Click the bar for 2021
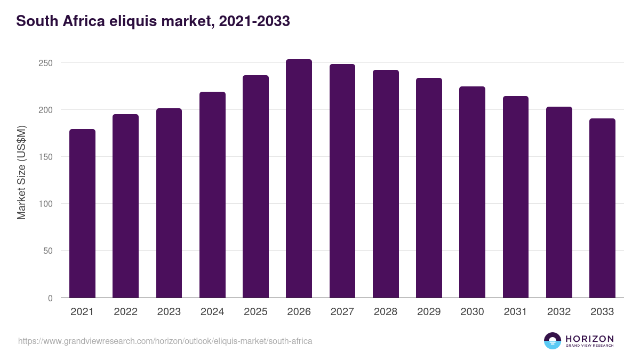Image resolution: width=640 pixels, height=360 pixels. point(82,213)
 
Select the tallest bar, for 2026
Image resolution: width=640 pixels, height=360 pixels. point(299,179)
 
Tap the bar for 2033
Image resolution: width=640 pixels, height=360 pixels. point(602,208)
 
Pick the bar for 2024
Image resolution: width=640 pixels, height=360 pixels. point(212,195)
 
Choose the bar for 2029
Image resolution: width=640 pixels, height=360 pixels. point(429,188)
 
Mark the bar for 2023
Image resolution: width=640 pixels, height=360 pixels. point(169,203)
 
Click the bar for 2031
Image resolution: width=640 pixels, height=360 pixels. point(515,197)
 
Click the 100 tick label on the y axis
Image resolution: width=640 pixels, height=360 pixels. point(46,204)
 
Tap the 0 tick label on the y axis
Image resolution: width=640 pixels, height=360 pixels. point(51,298)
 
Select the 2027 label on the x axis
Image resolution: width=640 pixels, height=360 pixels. point(342,312)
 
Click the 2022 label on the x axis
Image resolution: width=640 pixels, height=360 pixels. point(125,312)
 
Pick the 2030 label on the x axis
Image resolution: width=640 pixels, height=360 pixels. point(472,312)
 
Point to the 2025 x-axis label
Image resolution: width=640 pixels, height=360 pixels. point(255,312)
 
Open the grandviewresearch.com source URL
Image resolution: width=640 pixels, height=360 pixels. point(165,341)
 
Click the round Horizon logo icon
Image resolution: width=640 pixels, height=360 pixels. point(552,341)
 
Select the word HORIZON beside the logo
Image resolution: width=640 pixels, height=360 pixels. point(589,339)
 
